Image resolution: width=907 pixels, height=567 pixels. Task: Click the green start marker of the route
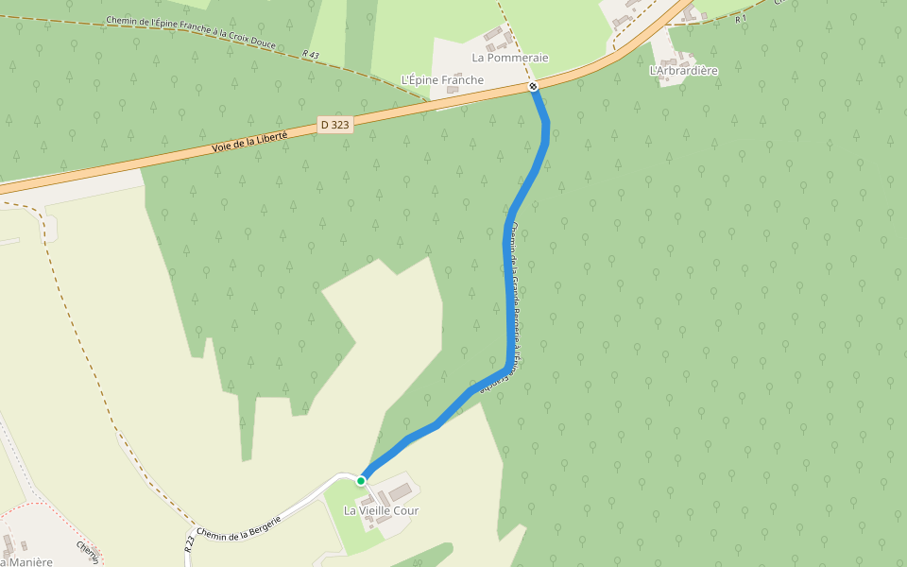tap(361, 481)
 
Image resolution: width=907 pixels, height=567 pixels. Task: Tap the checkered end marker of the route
tap(534, 87)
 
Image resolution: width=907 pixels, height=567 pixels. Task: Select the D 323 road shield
tap(335, 124)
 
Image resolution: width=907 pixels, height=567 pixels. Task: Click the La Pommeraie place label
tap(510, 58)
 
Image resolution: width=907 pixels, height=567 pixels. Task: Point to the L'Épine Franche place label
tap(442, 80)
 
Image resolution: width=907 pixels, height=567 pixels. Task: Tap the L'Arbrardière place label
tap(684, 71)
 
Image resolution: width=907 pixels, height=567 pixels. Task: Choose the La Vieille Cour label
tap(381, 511)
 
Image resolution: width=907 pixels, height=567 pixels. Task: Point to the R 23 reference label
tap(190, 542)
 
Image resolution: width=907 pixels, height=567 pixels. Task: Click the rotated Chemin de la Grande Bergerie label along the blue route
tap(514, 307)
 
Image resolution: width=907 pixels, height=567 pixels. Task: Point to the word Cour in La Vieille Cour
tap(406, 511)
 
